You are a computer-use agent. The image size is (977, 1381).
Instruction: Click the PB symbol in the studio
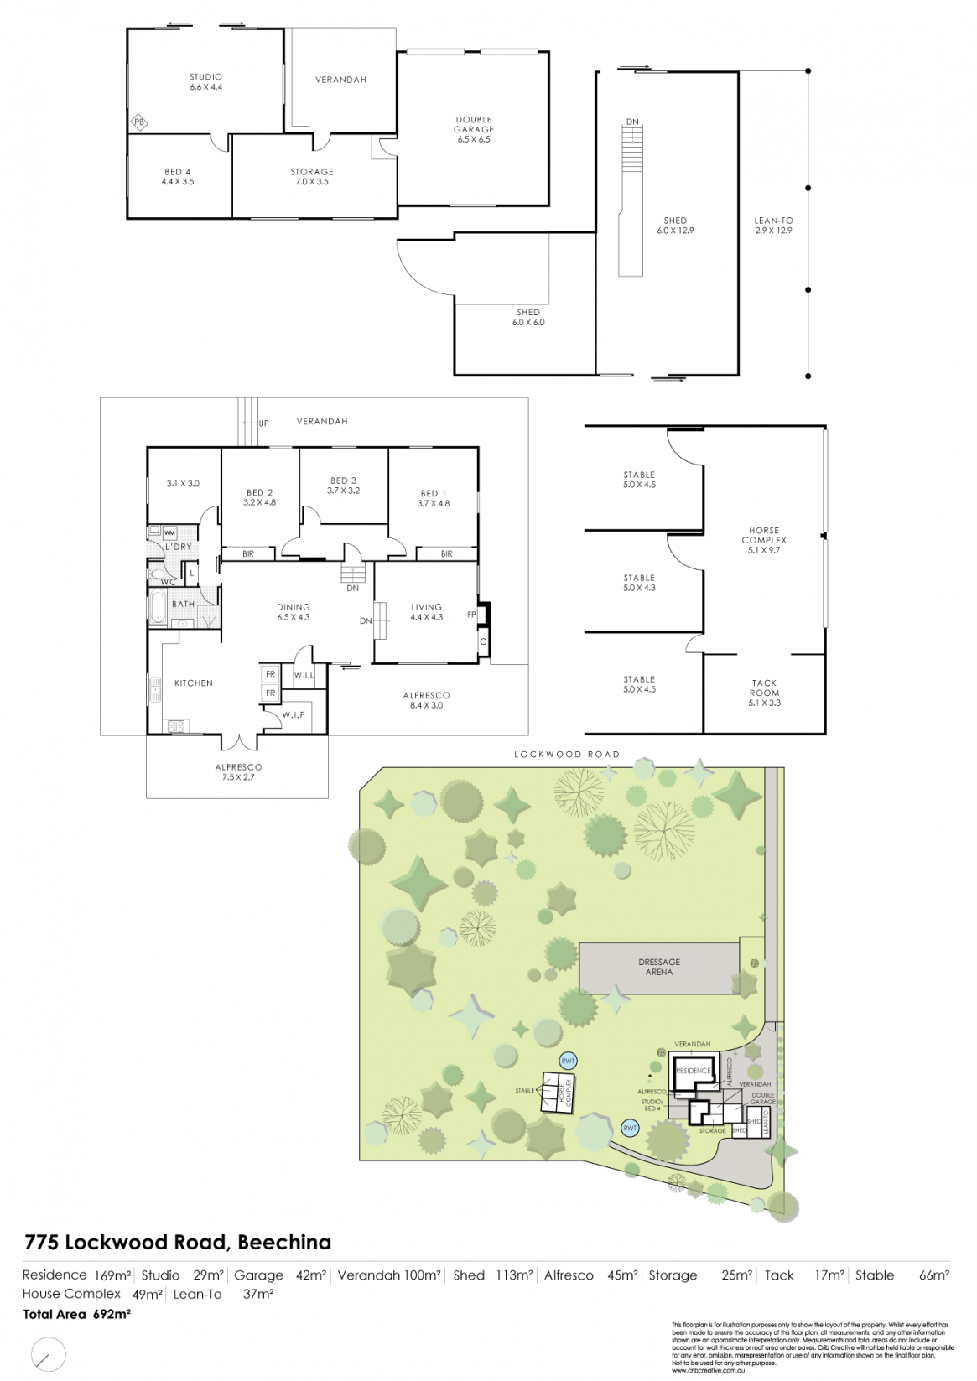pos(139,123)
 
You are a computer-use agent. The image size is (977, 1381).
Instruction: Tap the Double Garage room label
pos(474,129)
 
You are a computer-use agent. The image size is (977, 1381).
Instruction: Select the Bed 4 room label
pos(178,176)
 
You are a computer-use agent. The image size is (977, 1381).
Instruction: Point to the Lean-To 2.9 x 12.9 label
pos(773,226)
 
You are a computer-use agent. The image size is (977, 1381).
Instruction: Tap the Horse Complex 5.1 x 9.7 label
pos(764,535)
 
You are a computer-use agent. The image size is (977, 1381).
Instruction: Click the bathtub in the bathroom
pos(159,604)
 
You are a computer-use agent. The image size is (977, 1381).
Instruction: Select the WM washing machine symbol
pos(169,532)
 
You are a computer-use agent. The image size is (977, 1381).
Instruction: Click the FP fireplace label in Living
pos(471,614)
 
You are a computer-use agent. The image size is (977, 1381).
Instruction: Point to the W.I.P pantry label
pos(293,714)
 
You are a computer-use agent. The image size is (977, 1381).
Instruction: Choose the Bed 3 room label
pos(343,485)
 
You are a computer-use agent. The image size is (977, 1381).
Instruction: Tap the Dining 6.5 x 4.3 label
pos(294,612)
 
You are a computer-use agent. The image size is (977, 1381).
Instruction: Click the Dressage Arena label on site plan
pos(659,967)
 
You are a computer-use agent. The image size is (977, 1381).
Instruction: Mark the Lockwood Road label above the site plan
pos(567,755)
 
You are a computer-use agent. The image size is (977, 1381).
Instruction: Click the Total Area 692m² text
pos(76,1315)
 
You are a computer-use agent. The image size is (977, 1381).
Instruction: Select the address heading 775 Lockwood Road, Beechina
pos(178,1242)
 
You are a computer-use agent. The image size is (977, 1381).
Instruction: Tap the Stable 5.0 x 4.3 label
pos(639,583)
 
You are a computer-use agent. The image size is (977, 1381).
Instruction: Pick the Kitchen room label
pos(194,683)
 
